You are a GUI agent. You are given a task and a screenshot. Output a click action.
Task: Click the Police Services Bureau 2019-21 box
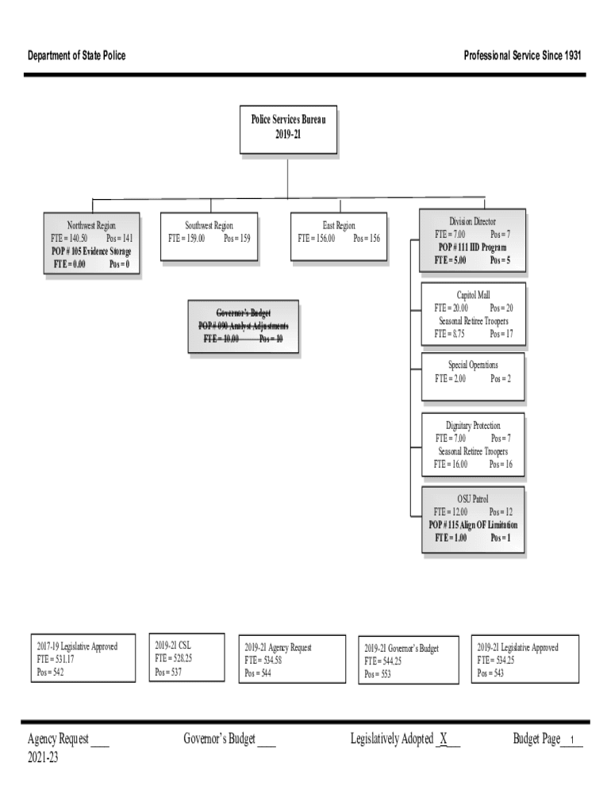[288, 129]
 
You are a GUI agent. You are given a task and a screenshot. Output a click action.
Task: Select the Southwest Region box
[209, 236]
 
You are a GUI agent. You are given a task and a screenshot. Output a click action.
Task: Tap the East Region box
[339, 236]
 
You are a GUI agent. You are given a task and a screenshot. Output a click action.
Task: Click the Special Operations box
[472, 377]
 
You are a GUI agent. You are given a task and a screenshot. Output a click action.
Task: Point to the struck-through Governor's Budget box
[244, 326]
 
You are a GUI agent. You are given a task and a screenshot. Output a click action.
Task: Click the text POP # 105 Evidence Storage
[91, 251]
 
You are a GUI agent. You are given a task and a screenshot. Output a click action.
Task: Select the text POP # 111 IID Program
[472, 247]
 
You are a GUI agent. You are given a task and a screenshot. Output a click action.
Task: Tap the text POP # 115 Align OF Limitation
[473, 525]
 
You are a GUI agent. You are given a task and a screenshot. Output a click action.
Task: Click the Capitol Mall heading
[473, 295]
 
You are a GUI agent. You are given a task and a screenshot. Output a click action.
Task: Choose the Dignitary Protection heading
[473, 426]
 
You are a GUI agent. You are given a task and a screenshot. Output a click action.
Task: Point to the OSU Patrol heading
[473, 499]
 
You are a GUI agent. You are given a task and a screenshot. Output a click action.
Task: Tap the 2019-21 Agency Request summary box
[292, 659]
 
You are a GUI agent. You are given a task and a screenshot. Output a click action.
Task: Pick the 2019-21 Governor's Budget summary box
[408, 661]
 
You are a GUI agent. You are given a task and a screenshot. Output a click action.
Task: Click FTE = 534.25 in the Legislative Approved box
[495, 660]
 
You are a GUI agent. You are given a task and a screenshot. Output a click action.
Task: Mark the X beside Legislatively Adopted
[444, 740]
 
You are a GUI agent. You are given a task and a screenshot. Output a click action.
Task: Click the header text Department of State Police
[77, 56]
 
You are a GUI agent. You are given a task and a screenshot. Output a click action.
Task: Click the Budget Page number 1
[571, 741]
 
